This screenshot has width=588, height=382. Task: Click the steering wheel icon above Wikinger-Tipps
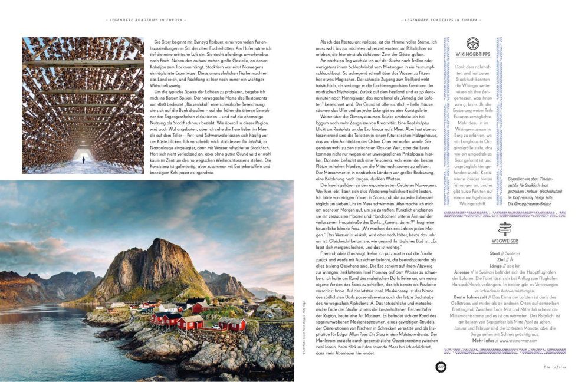[x=472, y=44]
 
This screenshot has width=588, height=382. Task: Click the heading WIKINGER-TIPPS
[x=472, y=58]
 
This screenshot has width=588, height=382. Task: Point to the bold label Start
[x=494, y=253]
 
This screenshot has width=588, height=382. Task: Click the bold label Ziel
[x=501, y=259]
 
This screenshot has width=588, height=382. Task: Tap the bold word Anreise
[x=462, y=272]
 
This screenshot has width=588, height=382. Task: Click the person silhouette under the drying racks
[x=83, y=159]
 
